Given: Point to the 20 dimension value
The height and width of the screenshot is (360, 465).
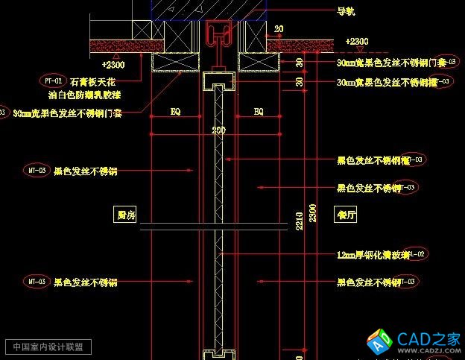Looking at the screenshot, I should click(x=278, y=29).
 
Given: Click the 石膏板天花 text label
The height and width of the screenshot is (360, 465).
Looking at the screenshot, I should click(x=92, y=80).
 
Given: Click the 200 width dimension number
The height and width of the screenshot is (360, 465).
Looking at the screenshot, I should click(x=218, y=130).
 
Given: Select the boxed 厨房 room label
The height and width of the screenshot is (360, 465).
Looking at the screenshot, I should click(x=126, y=215).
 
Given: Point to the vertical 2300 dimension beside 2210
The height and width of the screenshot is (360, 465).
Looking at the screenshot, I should click(x=313, y=213).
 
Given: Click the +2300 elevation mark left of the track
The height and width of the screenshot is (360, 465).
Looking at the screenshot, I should click(x=116, y=65).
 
